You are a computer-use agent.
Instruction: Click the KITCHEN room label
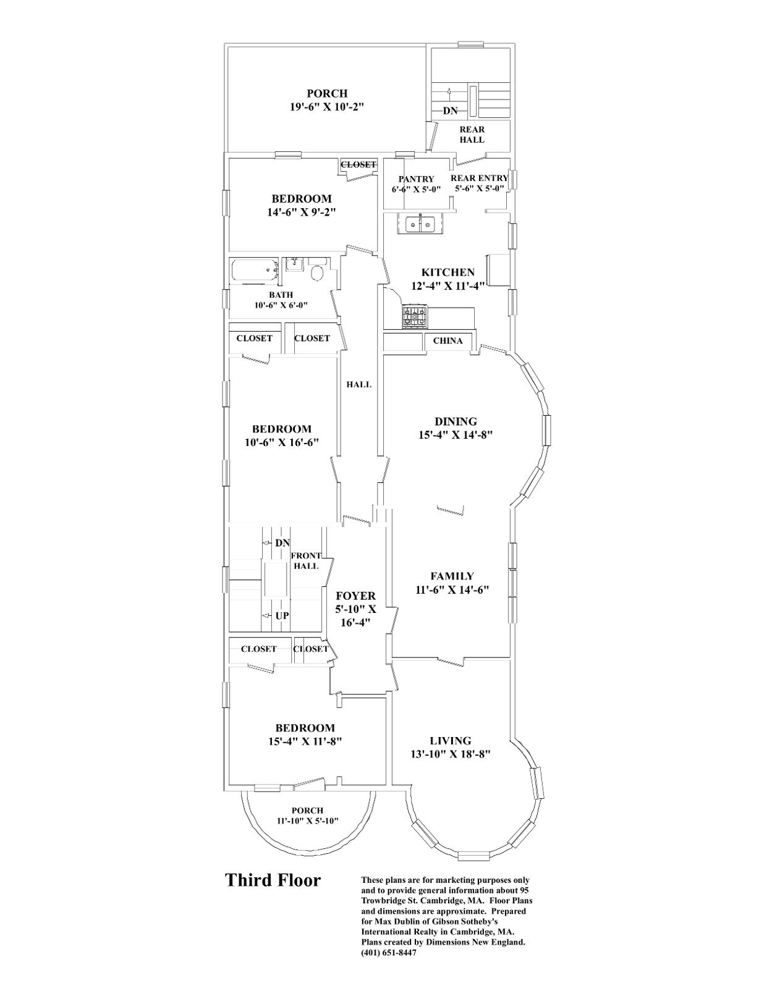pos(448,272)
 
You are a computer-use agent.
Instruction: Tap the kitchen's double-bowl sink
pos(421,224)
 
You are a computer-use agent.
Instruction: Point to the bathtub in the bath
pos(254,271)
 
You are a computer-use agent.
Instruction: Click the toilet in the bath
pos(318,272)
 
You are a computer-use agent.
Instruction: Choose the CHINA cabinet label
pos(448,341)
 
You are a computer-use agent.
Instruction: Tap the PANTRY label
pos(416,179)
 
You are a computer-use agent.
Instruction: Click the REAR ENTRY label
pos(479,178)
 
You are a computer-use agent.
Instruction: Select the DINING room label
pos(456,421)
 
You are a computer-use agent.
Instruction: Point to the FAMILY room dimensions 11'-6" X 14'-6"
pos(452,590)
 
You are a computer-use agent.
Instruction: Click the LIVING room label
pos(450,741)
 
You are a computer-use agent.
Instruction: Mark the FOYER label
pos(355,596)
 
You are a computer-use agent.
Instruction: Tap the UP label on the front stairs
pos(282,616)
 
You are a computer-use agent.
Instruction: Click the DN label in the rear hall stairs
pos(450,111)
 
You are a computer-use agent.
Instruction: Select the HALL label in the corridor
pos(358,384)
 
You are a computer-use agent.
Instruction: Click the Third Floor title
pos(273,880)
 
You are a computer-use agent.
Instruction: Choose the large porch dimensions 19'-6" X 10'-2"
pos(327,107)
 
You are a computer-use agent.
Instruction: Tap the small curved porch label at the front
pos(307,811)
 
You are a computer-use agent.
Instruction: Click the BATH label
pos(281,295)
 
